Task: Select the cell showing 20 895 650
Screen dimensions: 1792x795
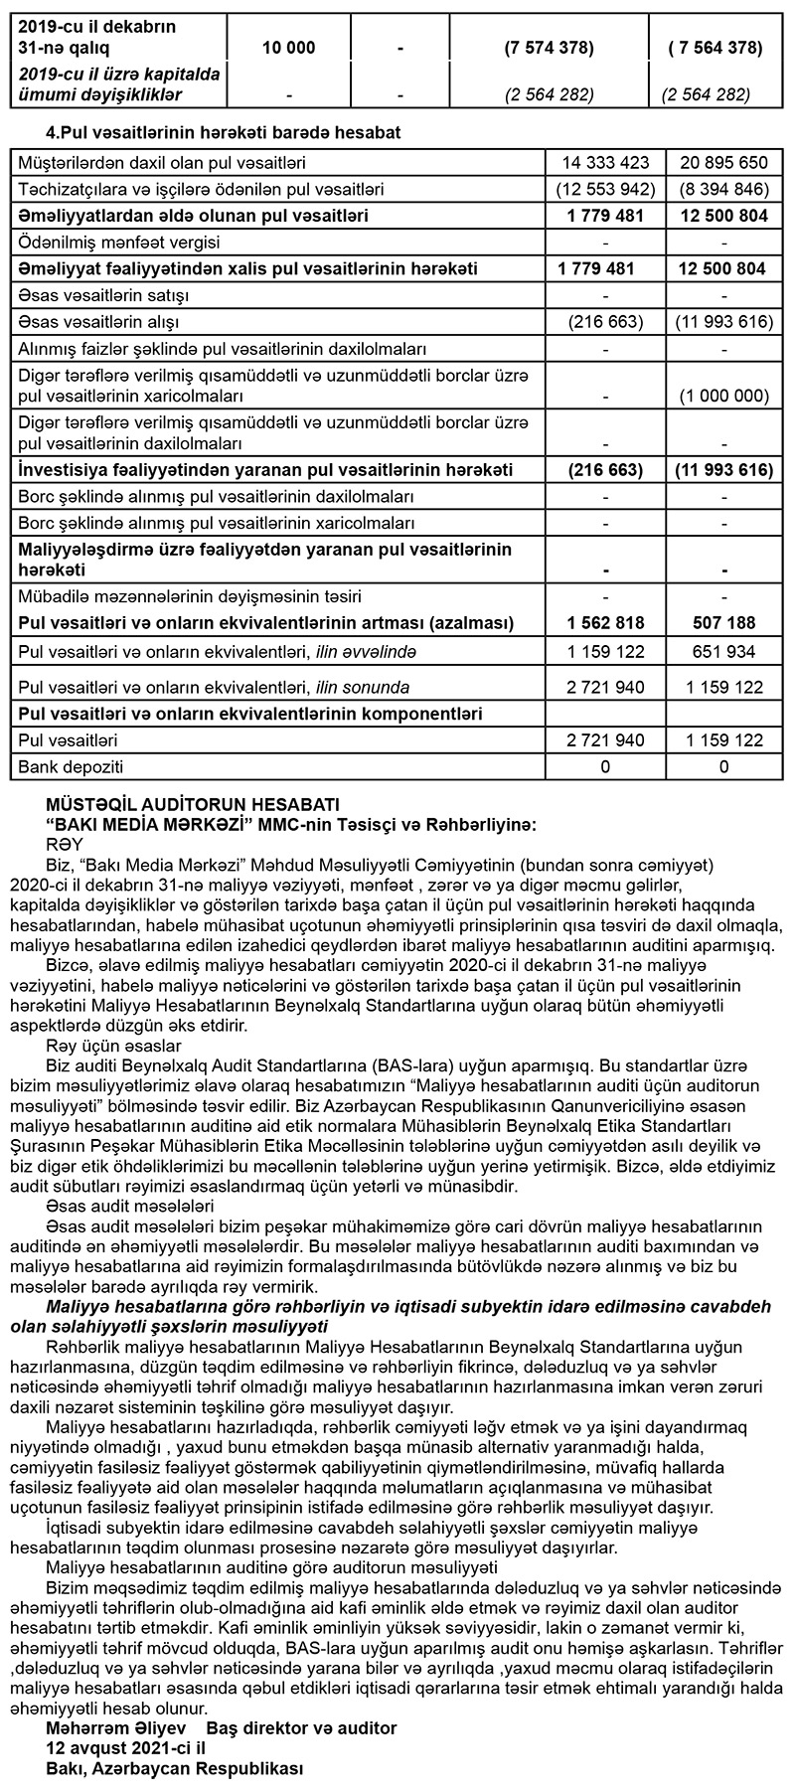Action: tap(721, 162)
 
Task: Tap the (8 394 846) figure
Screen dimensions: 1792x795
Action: tap(721, 189)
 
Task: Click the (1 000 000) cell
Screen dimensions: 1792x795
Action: tap(723, 395)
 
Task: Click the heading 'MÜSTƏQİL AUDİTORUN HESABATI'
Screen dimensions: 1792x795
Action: tap(193, 803)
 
